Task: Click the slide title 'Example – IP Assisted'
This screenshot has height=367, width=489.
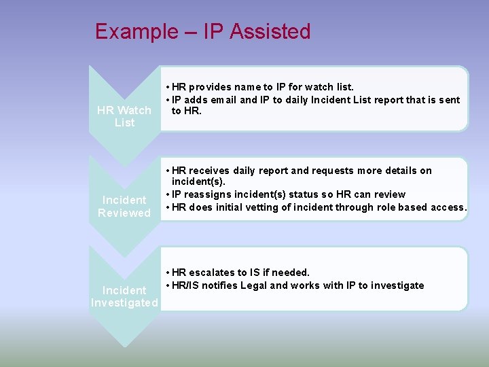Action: (x=202, y=31)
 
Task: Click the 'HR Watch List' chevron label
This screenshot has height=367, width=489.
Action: (x=124, y=116)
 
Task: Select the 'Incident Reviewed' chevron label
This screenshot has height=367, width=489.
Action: (x=124, y=207)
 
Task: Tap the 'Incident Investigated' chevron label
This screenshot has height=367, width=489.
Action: (x=124, y=296)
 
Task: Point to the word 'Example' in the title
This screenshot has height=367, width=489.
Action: (x=134, y=31)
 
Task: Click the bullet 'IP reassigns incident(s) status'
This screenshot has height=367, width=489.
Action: (x=288, y=194)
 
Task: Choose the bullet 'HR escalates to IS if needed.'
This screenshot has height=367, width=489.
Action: (x=241, y=273)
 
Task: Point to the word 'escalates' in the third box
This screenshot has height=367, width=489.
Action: (x=214, y=273)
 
